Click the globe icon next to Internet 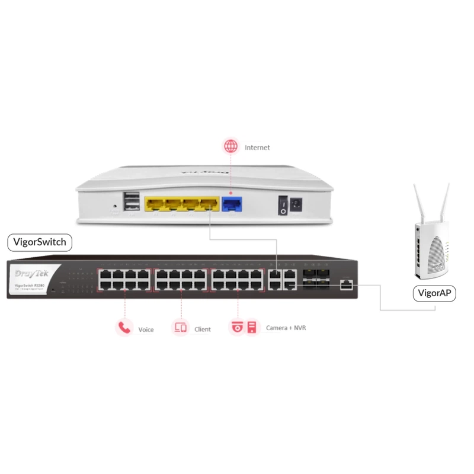pos(230,146)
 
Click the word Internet pos(257,148)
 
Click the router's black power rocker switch pos(283,206)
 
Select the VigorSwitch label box pos(40,242)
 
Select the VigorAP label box pos(434,293)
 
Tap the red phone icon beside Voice pos(124,327)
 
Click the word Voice pos(146,329)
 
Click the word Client pos(203,329)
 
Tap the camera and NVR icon pos(244,327)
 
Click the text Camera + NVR pos(286,328)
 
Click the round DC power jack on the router pos(296,205)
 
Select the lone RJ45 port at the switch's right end pos(346,285)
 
